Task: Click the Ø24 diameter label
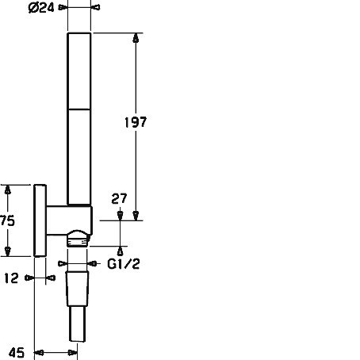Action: tap(41, 8)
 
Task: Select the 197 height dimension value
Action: tap(136, 122)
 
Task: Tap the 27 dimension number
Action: tap(119, 199)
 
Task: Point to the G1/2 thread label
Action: tap(124, 264)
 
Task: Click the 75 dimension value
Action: tap(7, 220)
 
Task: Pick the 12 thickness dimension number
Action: tap(12, 278)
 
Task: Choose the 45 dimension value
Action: tap(17, 353)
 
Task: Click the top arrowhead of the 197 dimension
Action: tap(136, 38)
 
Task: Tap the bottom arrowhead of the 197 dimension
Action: tap(136, 216)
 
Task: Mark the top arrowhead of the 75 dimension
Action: tap(8, 190)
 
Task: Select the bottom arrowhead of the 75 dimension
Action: tap(8, 251)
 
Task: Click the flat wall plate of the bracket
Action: tap(40, 220)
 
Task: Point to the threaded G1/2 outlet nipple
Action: tap(77, 242)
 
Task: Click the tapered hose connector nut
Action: tap(77, 289)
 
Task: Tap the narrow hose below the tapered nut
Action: tap(78, 324)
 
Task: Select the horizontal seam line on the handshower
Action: tap(79, 109)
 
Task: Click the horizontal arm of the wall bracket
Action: tap(69, 220)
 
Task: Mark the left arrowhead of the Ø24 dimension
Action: tap(63, 7)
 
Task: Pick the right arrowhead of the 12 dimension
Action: tap(51, 278)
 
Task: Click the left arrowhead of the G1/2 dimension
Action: tap(63, 263)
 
